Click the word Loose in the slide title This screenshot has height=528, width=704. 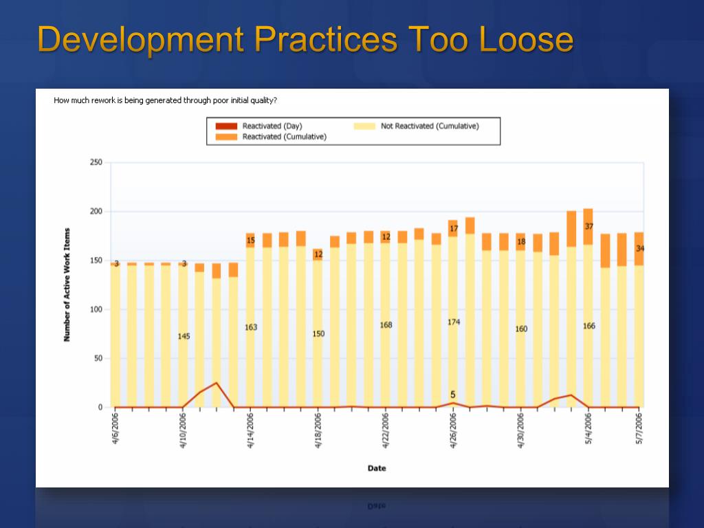[526, 39]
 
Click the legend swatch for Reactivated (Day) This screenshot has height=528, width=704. [226, 126]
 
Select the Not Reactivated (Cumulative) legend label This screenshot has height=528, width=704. [429, 126]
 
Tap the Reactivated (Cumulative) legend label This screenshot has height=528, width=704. [284, 137]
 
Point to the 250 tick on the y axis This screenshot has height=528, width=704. [96, 162]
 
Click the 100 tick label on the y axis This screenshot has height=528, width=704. [96, 309]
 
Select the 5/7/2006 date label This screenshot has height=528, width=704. [639, 430]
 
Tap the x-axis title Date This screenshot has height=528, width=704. [377, 468]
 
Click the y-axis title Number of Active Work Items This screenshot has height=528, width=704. [67, 285]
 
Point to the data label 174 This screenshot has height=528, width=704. [454, 322]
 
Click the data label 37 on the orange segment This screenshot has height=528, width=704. [589, 226]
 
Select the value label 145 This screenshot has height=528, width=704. [184, 336]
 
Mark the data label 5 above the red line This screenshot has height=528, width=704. [452, 395]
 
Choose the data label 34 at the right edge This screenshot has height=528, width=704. [640, 248]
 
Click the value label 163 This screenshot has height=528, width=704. [251, 327]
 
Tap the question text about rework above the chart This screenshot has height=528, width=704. [166, 100]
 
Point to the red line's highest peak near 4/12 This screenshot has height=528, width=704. [217, 383]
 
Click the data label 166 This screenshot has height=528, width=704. [589, 326]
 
